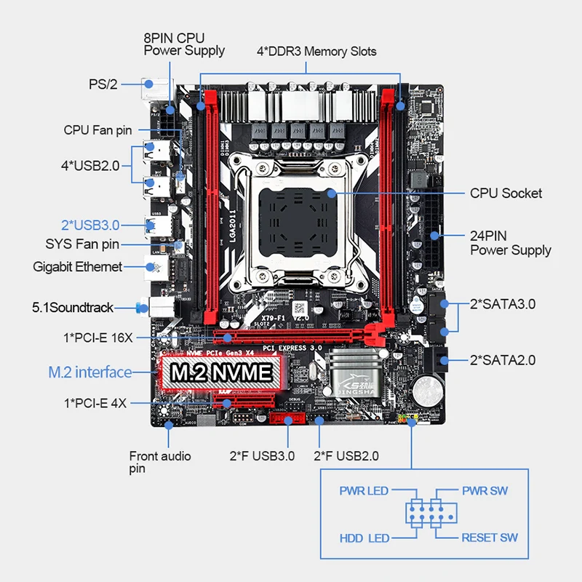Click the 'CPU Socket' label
click(x=506, y=194)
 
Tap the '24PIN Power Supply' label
click(x=510, y=243)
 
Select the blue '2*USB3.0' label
click(x=90, y=225)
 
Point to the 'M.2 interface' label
click(x=90, y=372)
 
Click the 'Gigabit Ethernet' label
click(x=77, y=267)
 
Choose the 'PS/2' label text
click(x=103, y=84)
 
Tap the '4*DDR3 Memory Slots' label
click(x=316, y=52)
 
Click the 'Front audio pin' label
click(x=160, y=462)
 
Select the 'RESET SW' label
click(x=490, y=538)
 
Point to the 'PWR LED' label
click(x=364, y=491)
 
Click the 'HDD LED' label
click(x=364, y=538)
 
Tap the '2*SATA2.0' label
click(x=503, y=359)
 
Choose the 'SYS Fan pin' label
click(x=82, y=245)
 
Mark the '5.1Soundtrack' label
click(x=73, y=308)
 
